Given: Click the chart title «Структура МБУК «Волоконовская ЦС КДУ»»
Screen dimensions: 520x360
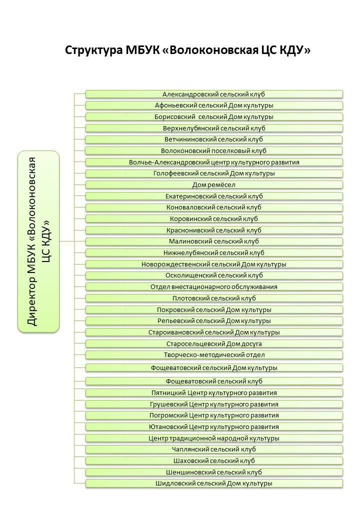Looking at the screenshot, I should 187,50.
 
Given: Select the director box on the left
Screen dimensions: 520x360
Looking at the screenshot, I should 38,241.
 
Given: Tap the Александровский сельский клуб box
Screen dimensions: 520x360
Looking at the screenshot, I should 214,94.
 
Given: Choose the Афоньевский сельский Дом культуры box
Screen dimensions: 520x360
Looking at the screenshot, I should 214,105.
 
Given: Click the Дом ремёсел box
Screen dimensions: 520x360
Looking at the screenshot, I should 214,185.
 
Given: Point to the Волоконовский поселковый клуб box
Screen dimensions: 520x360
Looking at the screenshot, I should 214,150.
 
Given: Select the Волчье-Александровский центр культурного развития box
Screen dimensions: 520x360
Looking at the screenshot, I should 214,162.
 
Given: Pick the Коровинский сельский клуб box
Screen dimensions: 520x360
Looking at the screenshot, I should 214,219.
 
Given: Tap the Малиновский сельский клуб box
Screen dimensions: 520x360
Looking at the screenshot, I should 214,241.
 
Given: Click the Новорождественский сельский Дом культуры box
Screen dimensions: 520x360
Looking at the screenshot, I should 214,264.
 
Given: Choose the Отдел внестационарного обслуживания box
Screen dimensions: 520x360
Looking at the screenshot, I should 214,287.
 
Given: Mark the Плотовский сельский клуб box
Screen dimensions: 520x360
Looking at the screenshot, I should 214,298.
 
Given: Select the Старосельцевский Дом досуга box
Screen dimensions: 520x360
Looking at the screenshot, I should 214,343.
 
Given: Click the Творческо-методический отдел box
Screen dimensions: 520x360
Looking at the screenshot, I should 214,355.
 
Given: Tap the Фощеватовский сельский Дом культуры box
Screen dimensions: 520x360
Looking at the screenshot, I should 214,368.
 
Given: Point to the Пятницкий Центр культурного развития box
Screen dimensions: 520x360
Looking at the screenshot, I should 214,392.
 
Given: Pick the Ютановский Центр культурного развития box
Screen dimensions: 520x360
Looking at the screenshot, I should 214,426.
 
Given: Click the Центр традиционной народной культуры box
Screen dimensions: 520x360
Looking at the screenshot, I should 214,438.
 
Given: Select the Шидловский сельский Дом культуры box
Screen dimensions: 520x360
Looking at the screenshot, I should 214,483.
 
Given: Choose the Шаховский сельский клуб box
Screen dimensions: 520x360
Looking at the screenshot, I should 214,460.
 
